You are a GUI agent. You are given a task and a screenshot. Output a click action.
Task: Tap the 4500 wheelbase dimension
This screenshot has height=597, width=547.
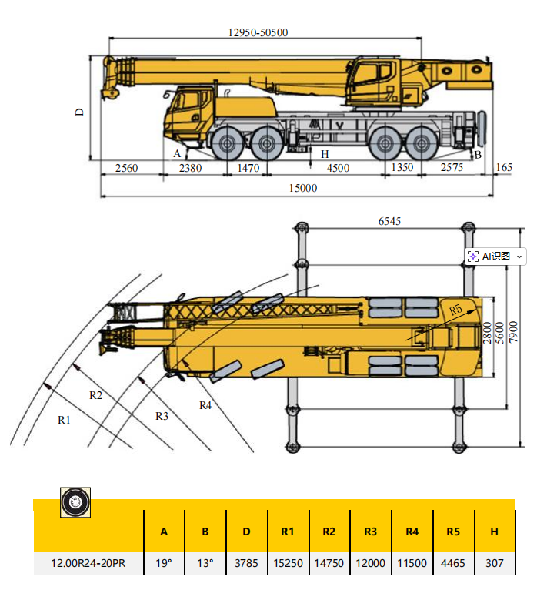pyautogui.click(x=338, y=168)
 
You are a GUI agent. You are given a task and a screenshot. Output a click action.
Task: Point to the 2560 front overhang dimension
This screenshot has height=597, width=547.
pyautogui.click(x=126, y=168)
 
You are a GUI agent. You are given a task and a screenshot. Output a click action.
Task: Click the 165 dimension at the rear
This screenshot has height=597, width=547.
pyautogui.click(x=504, y=168)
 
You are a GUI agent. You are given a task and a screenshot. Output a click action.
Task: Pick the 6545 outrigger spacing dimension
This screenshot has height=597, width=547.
pyautogui.click(x=389, y=221)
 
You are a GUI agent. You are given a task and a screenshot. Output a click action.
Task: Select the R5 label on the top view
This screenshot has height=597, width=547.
pyautogui.click(x=456, y=309)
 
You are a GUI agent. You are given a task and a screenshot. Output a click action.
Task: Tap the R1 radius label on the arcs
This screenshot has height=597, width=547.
pyautogui.click(x=65, y=420)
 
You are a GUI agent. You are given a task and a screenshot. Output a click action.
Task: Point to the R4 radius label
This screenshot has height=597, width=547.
pyautogui.click(x=205, y=405)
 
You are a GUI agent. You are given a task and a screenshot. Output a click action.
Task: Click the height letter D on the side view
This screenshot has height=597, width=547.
pyautogui.click(x=79, y=112)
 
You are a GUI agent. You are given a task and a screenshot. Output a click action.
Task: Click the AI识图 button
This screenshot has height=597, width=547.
pyautogui.click(x=495, y=257)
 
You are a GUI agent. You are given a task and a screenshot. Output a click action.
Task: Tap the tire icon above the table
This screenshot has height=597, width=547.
pyautogui.click(x=75, y=503)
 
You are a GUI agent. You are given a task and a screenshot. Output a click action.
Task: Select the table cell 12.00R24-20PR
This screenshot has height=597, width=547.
pyautogui.click(x=88, y=563)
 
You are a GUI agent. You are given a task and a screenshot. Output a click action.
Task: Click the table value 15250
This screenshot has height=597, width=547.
pyautogui.click(x=288, y=563)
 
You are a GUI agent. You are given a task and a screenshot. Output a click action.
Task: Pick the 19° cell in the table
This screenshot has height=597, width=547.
pyautogui.click(x=164, y=563)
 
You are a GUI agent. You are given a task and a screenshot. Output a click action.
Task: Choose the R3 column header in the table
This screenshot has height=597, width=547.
pyautogui.click(x=371, y=531)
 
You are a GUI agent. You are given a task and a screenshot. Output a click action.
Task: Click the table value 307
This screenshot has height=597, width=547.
pyautogui.click(x=495, y=563)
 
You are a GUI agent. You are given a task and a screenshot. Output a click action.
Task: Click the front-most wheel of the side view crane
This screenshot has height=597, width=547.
pyautogui.click(x=227, y=143)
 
